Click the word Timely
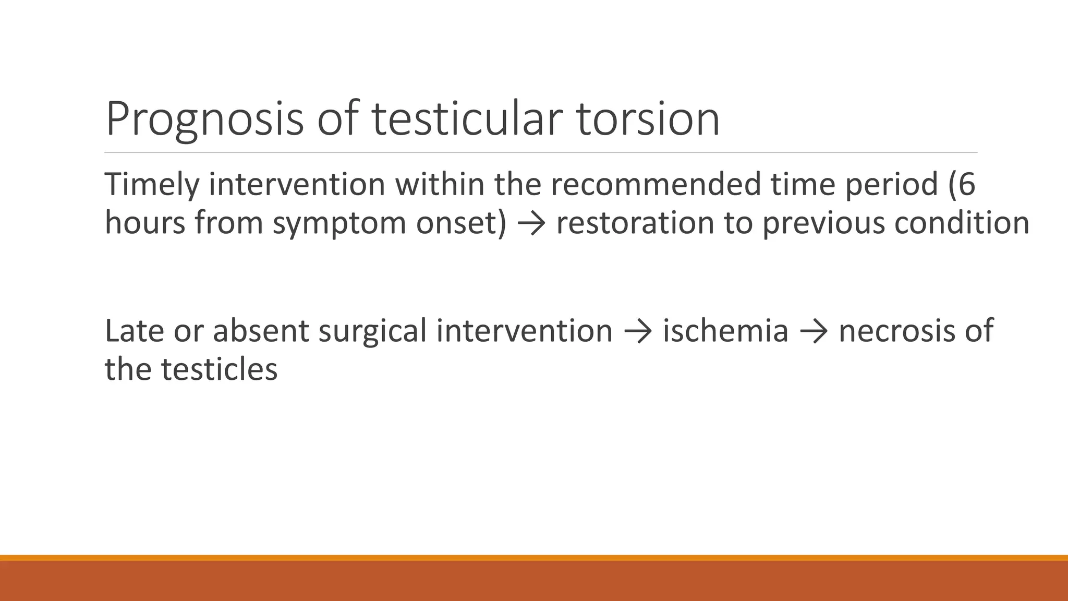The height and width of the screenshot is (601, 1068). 152,185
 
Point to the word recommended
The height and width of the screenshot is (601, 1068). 656,185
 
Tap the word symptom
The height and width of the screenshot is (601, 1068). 339,223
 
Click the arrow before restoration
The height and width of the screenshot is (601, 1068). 531,224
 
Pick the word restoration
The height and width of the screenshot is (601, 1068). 635,223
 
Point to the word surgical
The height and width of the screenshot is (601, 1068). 372,331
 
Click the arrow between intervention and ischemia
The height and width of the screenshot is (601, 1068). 637,332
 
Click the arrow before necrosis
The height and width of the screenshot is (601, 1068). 813,332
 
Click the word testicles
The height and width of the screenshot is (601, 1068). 219,369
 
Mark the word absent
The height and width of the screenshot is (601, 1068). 261,331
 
